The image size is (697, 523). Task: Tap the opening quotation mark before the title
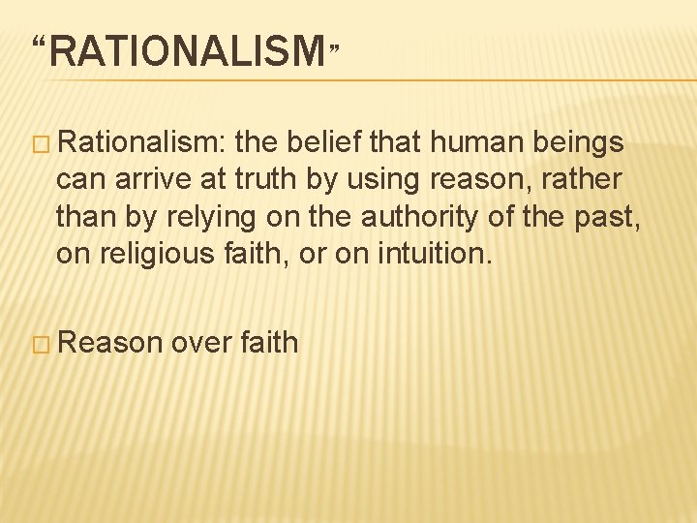tap(40, 45)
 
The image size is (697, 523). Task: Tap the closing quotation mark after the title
tap(335, 46)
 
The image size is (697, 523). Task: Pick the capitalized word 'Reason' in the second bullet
tap(115, 342)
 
